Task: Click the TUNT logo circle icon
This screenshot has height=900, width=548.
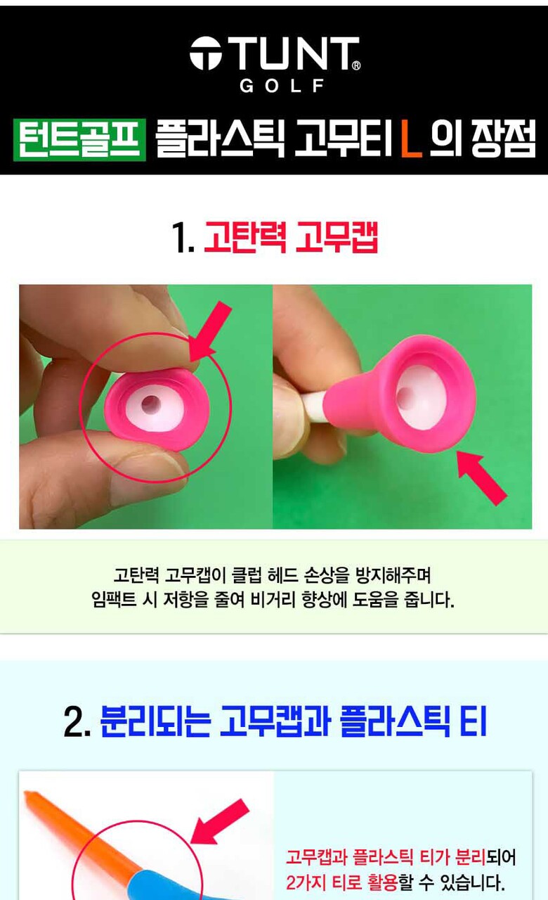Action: tap(206, 53)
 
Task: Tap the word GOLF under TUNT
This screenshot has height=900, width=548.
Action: tap(282, 86)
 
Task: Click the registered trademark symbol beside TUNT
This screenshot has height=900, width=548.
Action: tap(355, 65)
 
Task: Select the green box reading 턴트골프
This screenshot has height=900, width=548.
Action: tap(79, 140)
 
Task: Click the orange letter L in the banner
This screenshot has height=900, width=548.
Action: tap(412, 140)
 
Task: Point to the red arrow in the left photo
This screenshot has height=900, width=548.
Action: tap(210, 331)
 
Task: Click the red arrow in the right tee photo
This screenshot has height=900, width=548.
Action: tap(483, 477)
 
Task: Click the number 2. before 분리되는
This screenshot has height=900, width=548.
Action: tap(77, 722)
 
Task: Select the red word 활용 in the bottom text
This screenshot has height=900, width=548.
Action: tap(381, 882)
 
